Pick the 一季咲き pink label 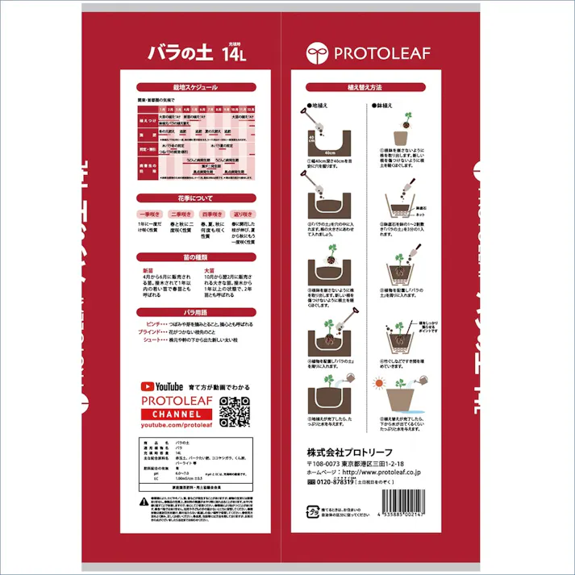pos(150,215)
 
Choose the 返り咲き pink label pos(247,215)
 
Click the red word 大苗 pos(209,271)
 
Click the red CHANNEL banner pos(177,413)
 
